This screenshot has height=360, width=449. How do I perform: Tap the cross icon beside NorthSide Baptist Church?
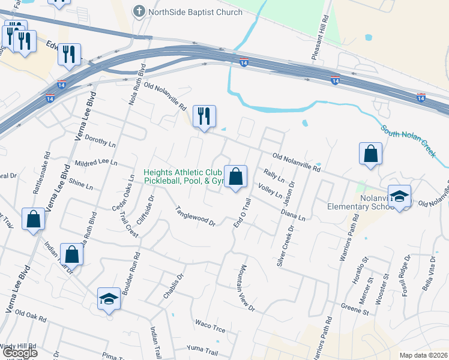139,11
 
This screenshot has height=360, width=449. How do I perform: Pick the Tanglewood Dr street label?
195,216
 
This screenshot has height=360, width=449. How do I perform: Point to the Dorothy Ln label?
100,141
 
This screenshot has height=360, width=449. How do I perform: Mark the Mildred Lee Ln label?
95,163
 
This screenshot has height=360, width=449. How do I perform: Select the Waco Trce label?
209,326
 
